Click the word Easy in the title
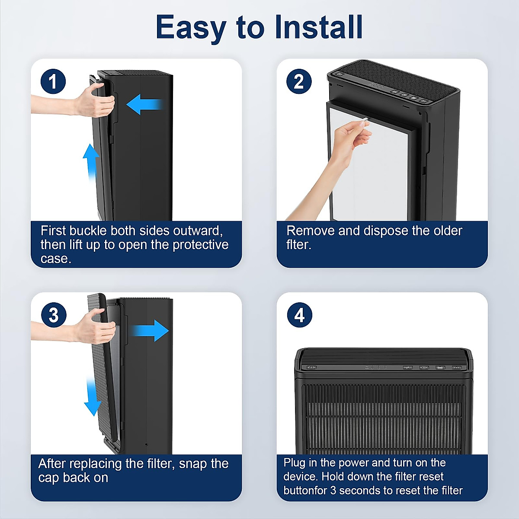pos(191,28)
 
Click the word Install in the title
pos(319,27)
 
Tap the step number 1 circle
pos(53,81)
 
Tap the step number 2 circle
pos(299,81)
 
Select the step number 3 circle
pos(54,315)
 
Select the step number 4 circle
pos(300,315)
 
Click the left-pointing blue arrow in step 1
pos(145,105)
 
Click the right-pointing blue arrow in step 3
pos(150,330)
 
